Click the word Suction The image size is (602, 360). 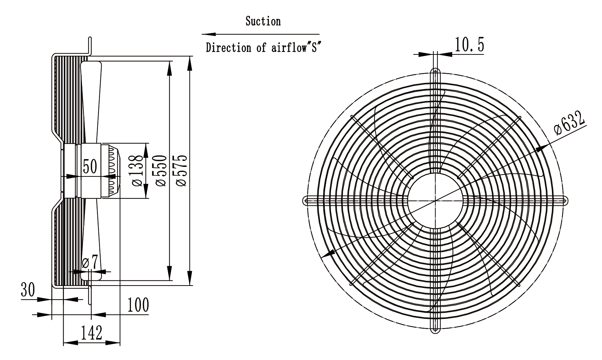(x=263, y=21)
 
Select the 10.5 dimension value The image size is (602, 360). (x=469, y=45)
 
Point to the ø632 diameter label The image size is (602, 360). (x=569, y=123)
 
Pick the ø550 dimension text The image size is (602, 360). (x=161, y=170)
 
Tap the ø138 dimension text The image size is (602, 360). (x=137, y=170)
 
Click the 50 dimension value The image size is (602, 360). (x=90, y=167)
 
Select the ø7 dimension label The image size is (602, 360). (x=90, y=262)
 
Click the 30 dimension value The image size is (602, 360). (x=28, y=290)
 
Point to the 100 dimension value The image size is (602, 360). (x=138, y=305)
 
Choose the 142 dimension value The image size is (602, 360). (x=91, y=333)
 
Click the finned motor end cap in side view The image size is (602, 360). (x=111, y=171)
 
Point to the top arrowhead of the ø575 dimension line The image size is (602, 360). (x=190, y=64)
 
